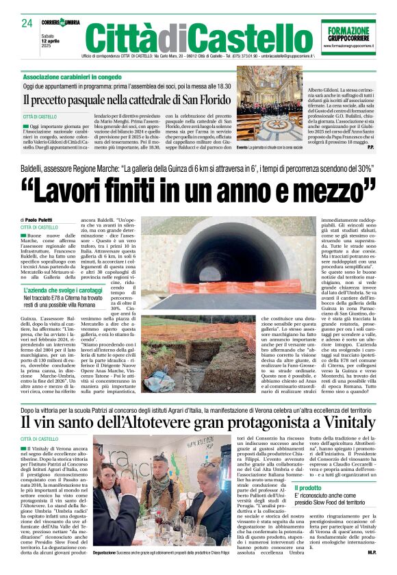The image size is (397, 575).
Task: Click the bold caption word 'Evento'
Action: pos(242,147)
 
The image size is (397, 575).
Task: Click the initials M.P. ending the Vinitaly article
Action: pos(370,552)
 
